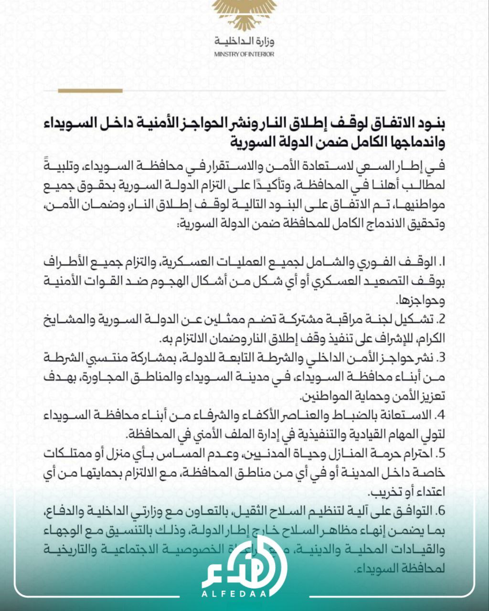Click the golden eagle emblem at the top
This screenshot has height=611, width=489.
244,14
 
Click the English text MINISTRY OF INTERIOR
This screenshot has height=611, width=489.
244,54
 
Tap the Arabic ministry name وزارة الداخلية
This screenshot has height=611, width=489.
244,42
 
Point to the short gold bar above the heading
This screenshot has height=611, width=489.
90,90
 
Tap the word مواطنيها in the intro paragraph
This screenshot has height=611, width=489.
424,208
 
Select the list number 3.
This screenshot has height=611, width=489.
441,358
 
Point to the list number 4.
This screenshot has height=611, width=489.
441,414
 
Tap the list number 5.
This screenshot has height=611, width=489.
441,453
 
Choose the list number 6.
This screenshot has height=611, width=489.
441,510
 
